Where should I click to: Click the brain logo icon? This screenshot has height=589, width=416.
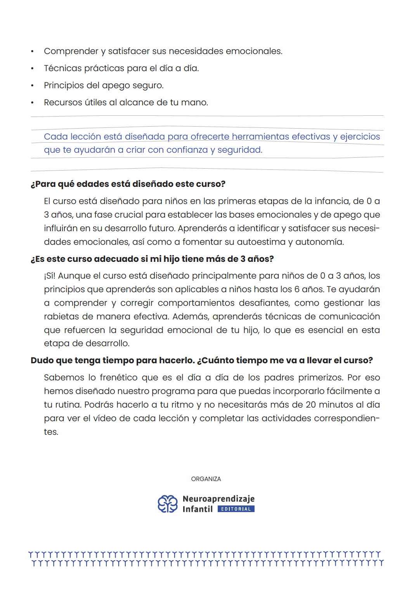click(x=167, y=504)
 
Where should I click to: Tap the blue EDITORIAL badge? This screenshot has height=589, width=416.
click(x=236, y=509)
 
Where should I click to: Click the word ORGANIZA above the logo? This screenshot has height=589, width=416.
click(x=206, y=479)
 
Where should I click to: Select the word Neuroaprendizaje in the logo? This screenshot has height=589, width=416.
click(x=218, y=499)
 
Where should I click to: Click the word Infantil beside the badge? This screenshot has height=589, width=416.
click(x=198, y=509)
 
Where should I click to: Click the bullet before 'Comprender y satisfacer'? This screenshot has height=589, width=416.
click(x=33, y=52)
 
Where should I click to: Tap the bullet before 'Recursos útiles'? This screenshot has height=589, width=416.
click(x=33, y=103)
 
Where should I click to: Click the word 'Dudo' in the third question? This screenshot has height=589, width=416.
click(x=42, y=361)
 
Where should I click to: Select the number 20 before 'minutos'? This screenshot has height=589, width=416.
click(x=311, y=405)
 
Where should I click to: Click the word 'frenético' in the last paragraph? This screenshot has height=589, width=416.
click(x=119, y=378)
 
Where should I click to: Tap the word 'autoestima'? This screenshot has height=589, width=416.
click(x=261, y=242)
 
